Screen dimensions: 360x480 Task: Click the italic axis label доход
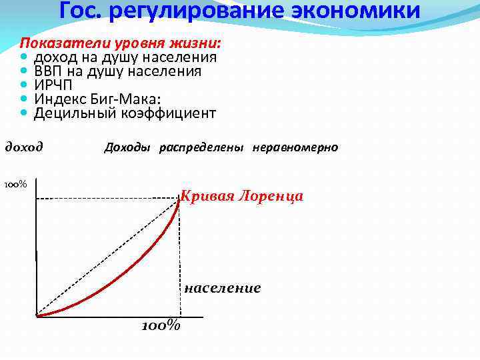coord(24,147)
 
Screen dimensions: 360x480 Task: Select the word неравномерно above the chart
coord(295,147)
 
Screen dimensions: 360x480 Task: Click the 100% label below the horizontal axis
coord(161,326)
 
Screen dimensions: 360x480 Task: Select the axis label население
coord(222,288)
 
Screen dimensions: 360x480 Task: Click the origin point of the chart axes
coord(37,315)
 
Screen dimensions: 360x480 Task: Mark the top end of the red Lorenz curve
coord(179,199)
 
